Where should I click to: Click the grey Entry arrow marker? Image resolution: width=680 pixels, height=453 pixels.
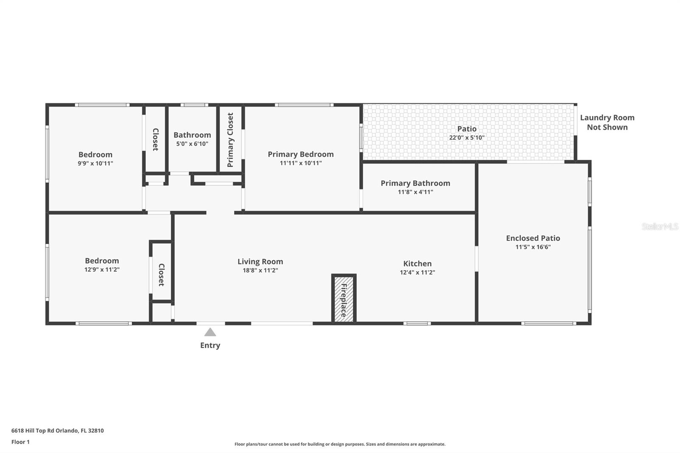[x=210, y=332]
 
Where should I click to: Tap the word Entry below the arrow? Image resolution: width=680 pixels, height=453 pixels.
[x=210, y=345]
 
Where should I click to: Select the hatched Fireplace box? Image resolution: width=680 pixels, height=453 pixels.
[x=343, y=299]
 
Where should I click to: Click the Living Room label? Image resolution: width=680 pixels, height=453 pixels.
[x=260, y=262]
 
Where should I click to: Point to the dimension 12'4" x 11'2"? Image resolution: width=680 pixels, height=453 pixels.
[x=417, y=272]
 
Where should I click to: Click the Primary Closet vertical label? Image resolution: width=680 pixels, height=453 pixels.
[x=230, y=140]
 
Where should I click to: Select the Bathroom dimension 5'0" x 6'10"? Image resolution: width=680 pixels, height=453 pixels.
[x=192, y=144]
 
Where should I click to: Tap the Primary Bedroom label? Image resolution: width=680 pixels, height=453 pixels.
[x=300, y=154]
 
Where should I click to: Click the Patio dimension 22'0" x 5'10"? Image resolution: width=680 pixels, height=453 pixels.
[x=467, y=138]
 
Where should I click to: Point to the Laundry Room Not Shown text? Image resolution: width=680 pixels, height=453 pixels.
[x=607, y=122]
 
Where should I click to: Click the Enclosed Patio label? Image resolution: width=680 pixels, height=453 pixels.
[x=533, y=238]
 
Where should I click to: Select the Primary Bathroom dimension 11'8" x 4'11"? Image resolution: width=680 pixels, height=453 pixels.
[x=415, y=192]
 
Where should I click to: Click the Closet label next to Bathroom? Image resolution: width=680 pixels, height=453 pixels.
[x=155, y=139]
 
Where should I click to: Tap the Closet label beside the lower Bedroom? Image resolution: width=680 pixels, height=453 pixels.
[x=161, y=275]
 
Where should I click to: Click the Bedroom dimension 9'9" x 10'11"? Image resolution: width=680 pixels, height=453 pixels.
[x=95, y=164]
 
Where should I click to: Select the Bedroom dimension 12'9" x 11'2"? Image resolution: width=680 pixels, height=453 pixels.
[x=102, y=269]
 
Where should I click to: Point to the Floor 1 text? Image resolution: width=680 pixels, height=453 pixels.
[x=20, y=442]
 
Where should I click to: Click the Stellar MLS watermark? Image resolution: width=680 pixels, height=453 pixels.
[x=660, y=227]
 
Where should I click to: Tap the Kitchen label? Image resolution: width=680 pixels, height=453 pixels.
[x=417, y=264]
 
